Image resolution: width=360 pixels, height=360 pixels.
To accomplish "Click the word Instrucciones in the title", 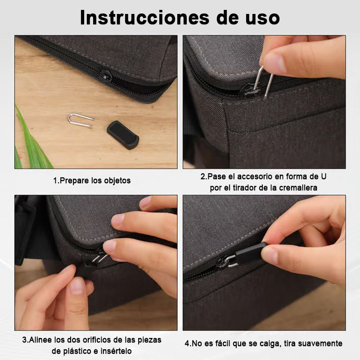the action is [144, 18].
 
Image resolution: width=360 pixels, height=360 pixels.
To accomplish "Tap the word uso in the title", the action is [262, 19].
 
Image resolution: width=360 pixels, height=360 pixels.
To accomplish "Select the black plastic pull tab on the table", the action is [123, 135].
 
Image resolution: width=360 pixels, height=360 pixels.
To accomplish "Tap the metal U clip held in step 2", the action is [264, 81].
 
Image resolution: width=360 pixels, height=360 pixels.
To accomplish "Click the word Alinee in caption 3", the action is [40, 340].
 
